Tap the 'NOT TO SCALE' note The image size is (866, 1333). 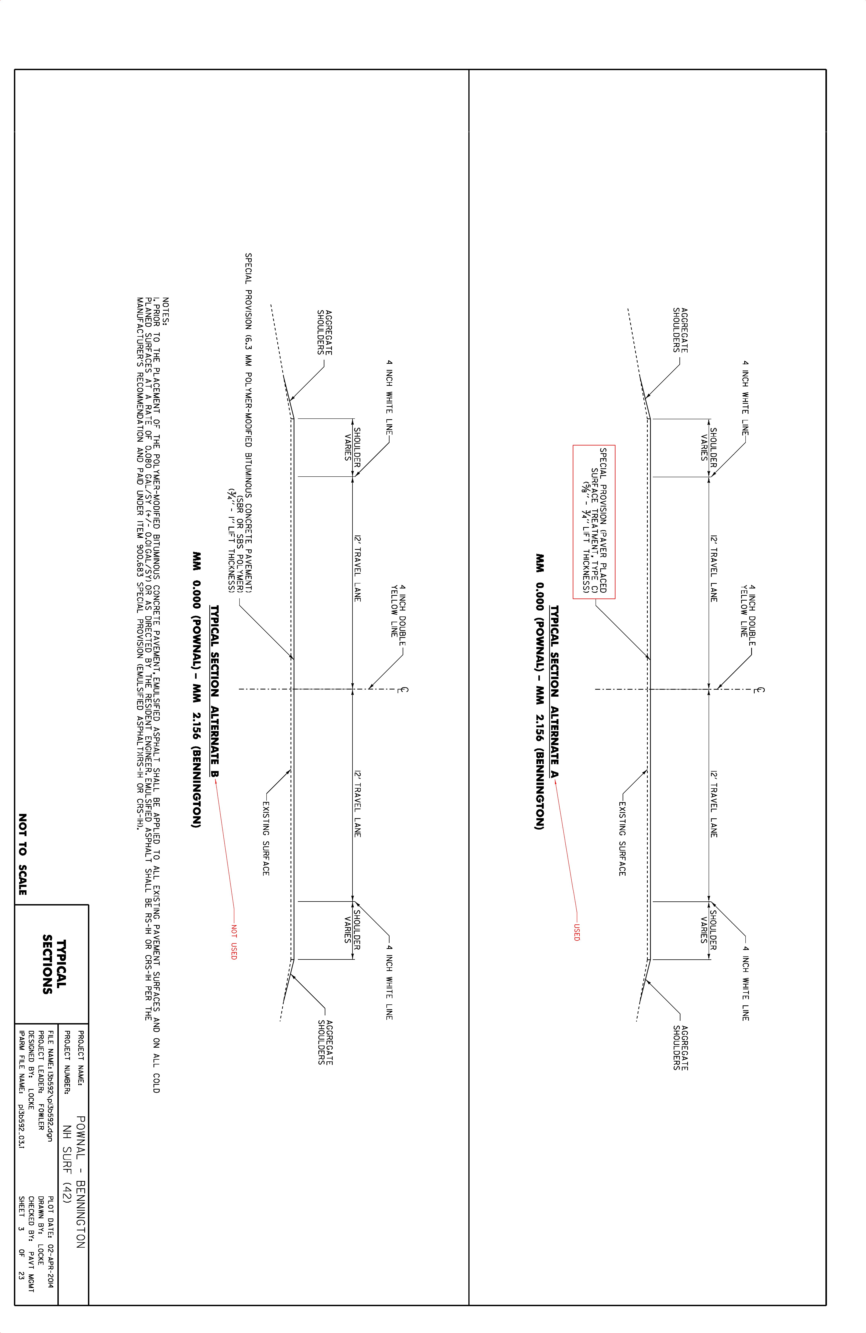click(x=22, y=854)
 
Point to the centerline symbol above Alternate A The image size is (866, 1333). click(x=760, y=689)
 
